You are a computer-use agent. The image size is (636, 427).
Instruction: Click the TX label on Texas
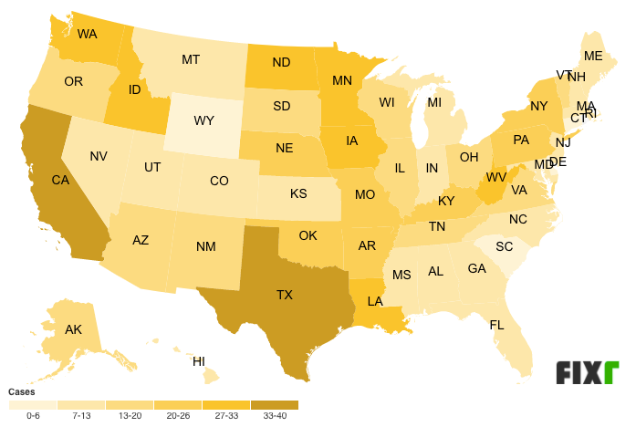point(285,295)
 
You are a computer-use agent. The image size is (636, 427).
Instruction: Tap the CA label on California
point(60,181)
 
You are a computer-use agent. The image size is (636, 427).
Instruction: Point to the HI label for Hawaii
point(199,361)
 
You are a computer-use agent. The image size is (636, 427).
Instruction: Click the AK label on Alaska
point(74,330)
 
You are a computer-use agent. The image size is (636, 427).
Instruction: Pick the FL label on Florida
point(497,325)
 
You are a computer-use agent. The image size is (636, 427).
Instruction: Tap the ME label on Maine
point(593,57)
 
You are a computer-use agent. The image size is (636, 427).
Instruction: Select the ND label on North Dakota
point(282,64)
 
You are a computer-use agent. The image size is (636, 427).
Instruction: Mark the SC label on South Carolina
point(505,247)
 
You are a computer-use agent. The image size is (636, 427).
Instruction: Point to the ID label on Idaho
point(133,89)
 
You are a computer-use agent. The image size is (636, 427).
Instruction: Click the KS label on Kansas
point(298,194)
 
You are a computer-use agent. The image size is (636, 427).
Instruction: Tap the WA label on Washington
point(88,35)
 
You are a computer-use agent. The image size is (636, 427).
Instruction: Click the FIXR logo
point(588,373)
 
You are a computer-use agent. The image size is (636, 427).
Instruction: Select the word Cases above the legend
point(22,391)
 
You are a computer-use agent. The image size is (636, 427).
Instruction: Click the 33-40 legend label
point(274,416)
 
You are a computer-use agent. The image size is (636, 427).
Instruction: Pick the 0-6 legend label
point(33,416)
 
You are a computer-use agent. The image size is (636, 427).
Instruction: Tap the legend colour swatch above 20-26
point(177,404)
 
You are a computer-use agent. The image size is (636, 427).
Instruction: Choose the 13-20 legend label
point(129,416)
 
